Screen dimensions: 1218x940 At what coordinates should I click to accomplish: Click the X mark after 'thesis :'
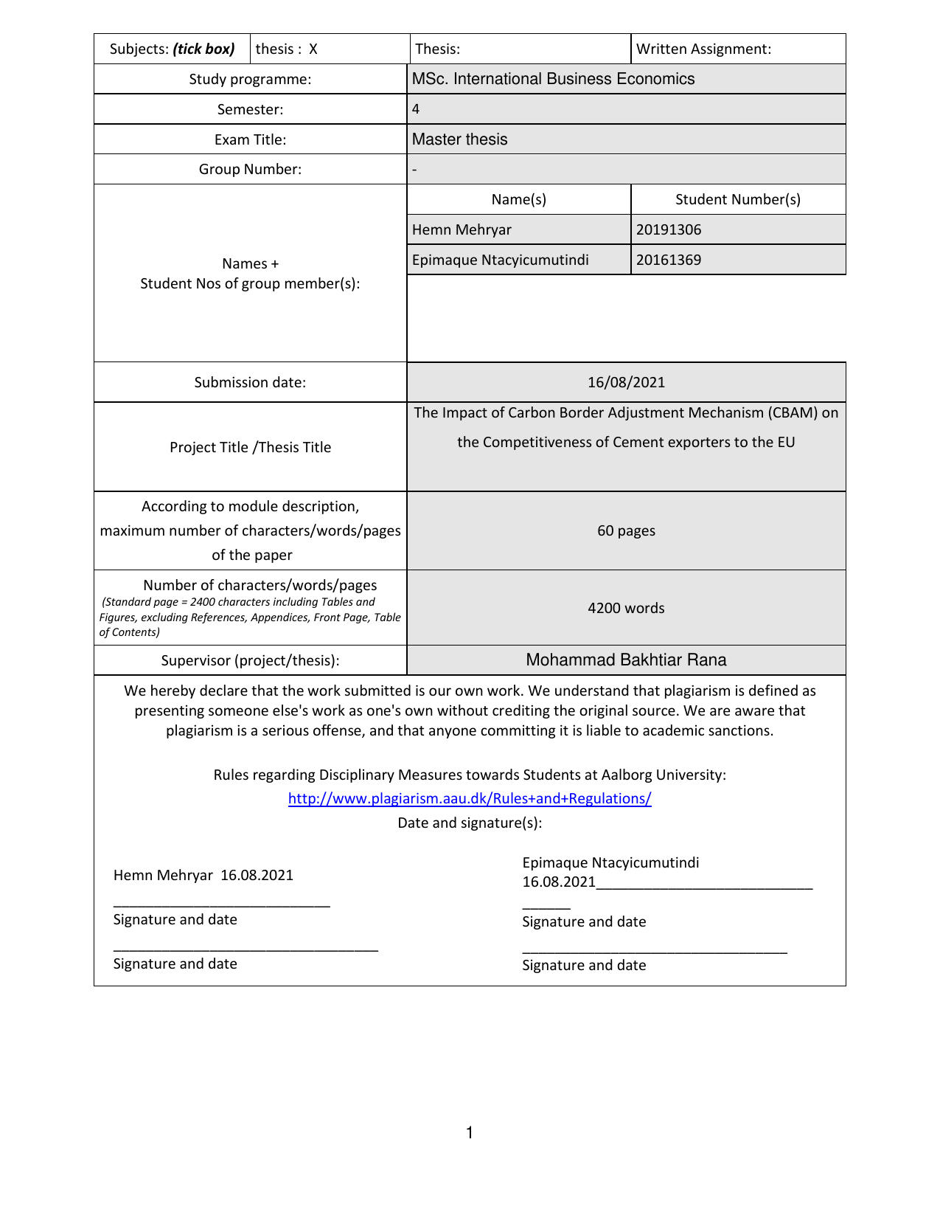(313, 49)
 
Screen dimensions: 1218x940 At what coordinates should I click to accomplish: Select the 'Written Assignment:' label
(703, 49)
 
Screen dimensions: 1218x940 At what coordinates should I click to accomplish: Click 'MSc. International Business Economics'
(553, 79)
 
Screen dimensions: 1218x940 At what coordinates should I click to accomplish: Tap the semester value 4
(416, 109)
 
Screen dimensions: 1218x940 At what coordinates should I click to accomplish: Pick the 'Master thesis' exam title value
(459, 139)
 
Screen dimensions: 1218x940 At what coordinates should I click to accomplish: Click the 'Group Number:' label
(250, 170)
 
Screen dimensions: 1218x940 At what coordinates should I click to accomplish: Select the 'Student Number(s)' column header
(737, 200)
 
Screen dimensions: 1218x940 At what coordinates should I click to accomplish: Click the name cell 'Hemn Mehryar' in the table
(462, 230)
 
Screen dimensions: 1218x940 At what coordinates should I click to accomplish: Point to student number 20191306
(669, 230)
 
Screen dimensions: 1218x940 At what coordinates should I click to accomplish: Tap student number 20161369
(669, 260)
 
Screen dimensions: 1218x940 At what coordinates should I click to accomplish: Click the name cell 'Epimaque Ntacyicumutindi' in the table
(500, 260)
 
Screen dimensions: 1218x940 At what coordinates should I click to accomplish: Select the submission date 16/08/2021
(626, 382)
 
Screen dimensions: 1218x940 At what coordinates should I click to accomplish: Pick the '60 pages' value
(626, 531)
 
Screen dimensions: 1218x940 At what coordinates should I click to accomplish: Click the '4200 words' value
(626, 609)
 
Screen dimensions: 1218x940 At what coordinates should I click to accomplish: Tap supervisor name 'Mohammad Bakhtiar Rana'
(626, 660)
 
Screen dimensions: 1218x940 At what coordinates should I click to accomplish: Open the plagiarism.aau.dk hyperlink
(470, 799)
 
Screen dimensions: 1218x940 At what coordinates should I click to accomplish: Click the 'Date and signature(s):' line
(470, 823)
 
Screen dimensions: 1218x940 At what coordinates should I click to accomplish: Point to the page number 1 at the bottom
(470, 1133)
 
